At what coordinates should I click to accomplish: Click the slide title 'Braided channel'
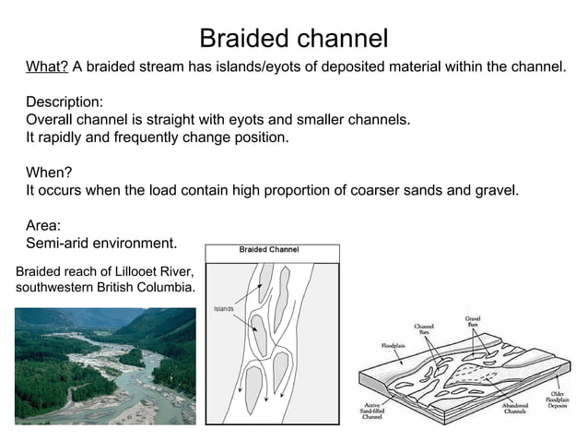point(294,39)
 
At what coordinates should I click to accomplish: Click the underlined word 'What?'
point(46,67)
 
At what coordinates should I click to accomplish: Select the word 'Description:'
point(65,102)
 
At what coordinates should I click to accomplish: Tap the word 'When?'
point(49,173)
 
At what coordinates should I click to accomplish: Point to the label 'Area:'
point(43,226)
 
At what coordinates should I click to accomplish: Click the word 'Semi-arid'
point(58,244)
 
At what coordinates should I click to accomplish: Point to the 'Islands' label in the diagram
point(224,308)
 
